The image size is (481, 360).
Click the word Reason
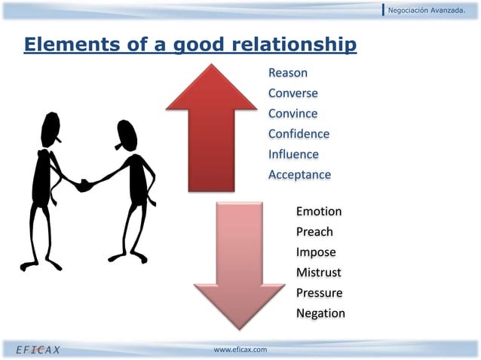click(x=287, y=73)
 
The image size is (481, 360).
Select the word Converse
click(x=293, y=93)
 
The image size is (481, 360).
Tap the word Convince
click(x=293, y=114)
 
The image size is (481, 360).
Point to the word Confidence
click(x=299, y=134)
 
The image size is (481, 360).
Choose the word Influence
click(x=293, y=154)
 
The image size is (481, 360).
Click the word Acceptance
click(x=299, y=175)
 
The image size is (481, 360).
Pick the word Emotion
click(x=319, y=212)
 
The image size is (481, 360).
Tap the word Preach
click(x=314, y=232)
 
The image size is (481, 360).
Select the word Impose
click(x=316, y=252)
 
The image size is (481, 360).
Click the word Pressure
click(x=319, y=293)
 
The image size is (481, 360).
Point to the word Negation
click(x=320, y=313)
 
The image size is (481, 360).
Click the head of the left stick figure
click(x=52, y=129)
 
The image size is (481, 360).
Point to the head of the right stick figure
click(x=125, y=135)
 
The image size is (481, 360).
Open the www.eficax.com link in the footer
click(x=240, y=349)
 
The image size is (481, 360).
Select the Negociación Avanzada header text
click(x=431, y=9)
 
